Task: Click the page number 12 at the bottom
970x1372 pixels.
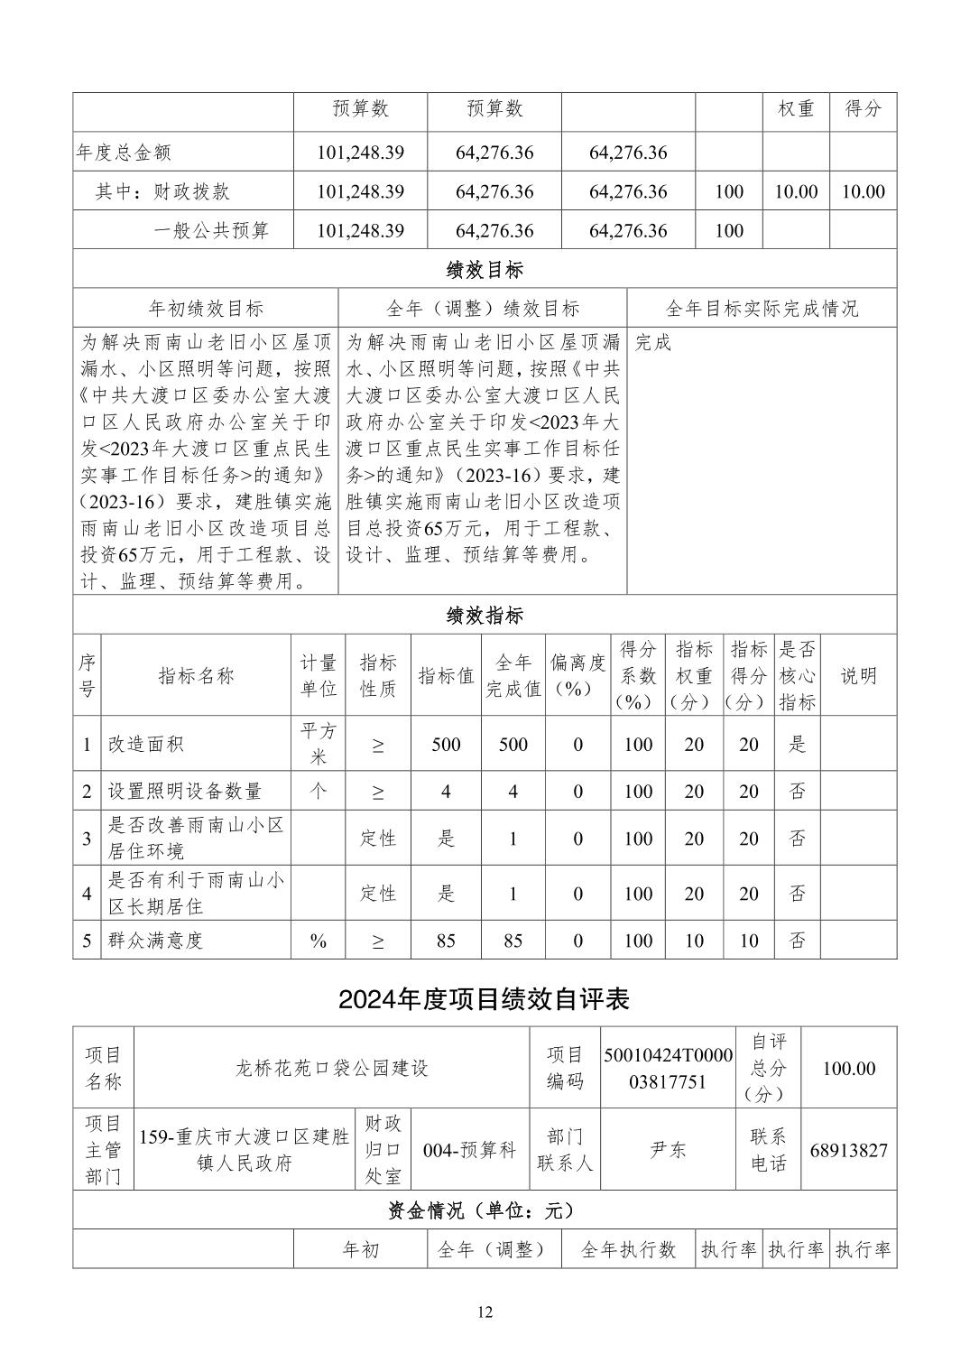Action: [x=485, y=1312]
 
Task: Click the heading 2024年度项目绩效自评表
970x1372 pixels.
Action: [x=484, y=999]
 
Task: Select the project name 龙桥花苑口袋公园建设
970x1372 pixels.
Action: [x=331, y=1068]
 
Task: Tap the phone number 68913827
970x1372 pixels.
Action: [x=848, y=1150]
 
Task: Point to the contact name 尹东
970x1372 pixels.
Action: [x=668, y=1150]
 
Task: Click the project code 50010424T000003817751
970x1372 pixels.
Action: [x=668, y=1068]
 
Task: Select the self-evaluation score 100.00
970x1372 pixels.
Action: [x=848, y=1068]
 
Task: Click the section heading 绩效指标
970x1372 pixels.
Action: [x=485, y=616]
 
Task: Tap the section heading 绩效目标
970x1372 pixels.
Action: [x=485, y=269]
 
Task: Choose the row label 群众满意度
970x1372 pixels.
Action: [x=156, y=941]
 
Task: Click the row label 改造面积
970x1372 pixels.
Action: [x=146, y=745]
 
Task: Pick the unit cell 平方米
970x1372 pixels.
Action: [x=319, y=744]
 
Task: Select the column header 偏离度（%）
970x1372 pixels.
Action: [x=577, y=675]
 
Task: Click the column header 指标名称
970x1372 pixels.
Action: [x=196, y=675]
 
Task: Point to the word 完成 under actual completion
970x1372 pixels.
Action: [x=653, y=343]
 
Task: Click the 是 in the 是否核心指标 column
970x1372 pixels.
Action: [x=797, y=745]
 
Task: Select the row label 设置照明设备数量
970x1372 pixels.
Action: [x=185, y=792]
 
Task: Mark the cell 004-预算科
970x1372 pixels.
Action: [x=469, y=1150]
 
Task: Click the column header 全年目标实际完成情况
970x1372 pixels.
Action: [x=762, y=309]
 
